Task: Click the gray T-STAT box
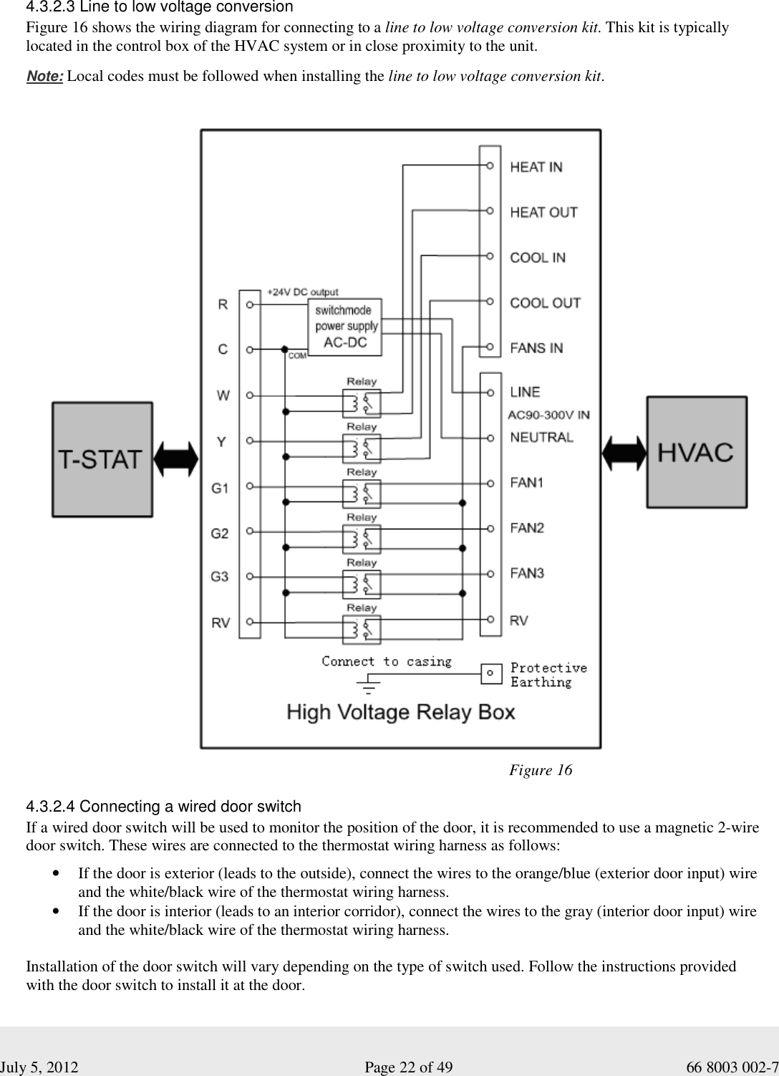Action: pyautogui.click(x=102, y=459)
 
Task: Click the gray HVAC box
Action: pyautogui.click(x=697, y=451)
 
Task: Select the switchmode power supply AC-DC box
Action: pyautogui.click(x=344, y=327)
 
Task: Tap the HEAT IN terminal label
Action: pyautogui.click(x=536, y=167)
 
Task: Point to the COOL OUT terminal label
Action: pyautogui.click(x=546, y=303)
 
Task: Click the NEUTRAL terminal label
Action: pyautogui.click(x=541, y=437)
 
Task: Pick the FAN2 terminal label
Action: pyautogui.click(x=527, y=528)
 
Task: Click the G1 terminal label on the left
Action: pyautogui.click(x=220, y=489)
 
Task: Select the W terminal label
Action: pyautogui.click(x=223, y=395)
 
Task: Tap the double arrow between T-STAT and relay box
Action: pyautogui.click(x=175, y=459)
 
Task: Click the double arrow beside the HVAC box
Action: pyautogui.click(x=624, y=453)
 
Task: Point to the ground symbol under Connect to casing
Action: pyautogui.click(x=368, y=684)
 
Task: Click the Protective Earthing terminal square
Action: pyautogui.click(x=491, y=673)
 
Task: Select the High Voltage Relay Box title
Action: pyautogui.click(x=401, y=712)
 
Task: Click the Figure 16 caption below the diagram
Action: pyautogui.click(x=541, y=770)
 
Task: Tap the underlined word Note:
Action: pyautogui.click(x=44, y=76)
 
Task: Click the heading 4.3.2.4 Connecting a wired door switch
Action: pyautogui.click(x=164, y=806)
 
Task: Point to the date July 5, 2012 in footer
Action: pyautogui.click(x=39, y=1067)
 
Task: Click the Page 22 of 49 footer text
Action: pyautogui.click(x=408, y=1067)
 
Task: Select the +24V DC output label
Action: pyautogui.click(x=302, y=292)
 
